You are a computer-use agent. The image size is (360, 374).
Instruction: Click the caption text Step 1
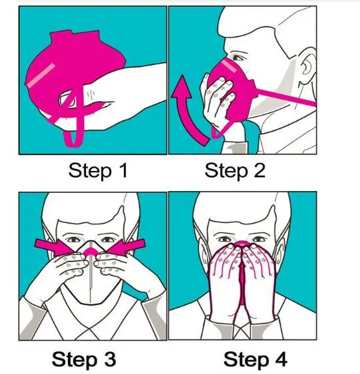pos(98,170)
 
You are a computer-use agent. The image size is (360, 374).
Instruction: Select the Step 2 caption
pos(235,170)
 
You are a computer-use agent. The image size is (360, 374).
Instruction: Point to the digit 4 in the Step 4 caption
pos(280,359)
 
